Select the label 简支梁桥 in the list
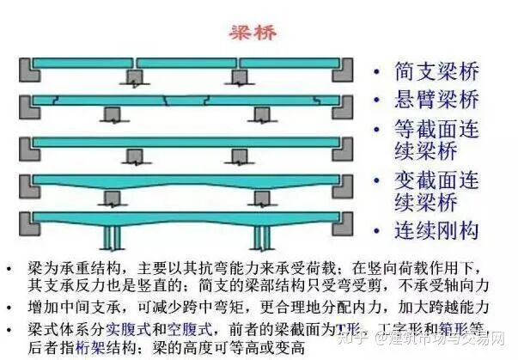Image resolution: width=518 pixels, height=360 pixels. tap(436, 71)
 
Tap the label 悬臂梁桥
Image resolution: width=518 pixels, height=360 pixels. tap(436, 101)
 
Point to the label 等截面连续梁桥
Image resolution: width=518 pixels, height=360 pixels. tap(436, 143)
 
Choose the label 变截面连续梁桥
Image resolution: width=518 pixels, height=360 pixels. tap(436, 194)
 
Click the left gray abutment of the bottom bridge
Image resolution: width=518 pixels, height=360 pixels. tap(24, 223)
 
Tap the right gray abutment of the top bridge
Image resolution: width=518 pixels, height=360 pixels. tap(344, 71)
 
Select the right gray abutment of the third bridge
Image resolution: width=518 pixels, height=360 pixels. tap(344, 148)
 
